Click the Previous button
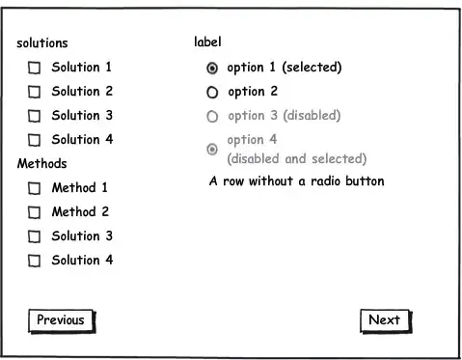point(61,320)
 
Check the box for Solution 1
point(34,68)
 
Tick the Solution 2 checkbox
point(34,92)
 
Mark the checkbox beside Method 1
point(34,188)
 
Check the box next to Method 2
point(34,212)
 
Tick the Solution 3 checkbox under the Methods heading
point(34,236)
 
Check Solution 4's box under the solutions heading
point(34,140)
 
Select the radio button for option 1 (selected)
point(213,68)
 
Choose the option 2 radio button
point(213,93)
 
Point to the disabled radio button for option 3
point(213,117)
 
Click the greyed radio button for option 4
point(213,149)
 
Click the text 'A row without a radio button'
point(296,181)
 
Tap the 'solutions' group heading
point(42,43)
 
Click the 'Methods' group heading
point(42,164)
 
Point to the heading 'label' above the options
point(207,42)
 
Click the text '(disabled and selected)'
point(296,158)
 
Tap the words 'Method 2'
point(80,212)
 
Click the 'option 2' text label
point(253,92)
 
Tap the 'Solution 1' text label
point(82,68)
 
